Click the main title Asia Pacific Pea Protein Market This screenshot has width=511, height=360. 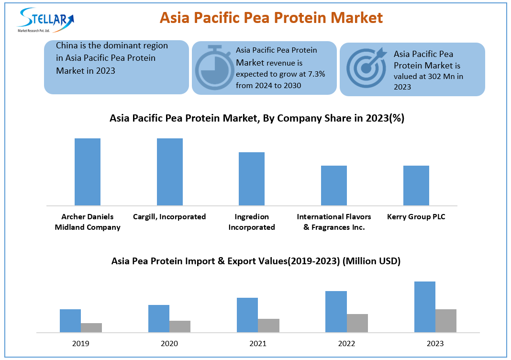click(271, 18)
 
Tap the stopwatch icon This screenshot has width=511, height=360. click(213, 68)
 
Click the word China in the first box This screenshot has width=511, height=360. click(67, 46)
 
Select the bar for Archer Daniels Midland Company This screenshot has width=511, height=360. click(88, 172)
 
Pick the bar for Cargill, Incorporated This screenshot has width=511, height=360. click(170, 172)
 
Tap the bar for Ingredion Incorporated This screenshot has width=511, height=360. click(252, 179)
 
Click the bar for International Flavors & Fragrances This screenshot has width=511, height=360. click(334, 185)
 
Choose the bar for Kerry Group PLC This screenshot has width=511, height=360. click(416, 185)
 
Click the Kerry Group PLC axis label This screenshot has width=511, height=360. click(416, 217)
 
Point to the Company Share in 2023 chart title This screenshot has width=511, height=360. click(257, 118)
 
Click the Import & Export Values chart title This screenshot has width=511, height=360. click(256, 261)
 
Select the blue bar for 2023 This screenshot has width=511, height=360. click(424, 307)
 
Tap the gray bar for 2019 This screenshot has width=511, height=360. click(91, 327)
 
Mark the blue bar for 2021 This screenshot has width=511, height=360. click(247, 315)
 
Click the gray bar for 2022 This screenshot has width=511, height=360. click(357, 323)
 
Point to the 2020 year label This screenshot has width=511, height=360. click(169, 343)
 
